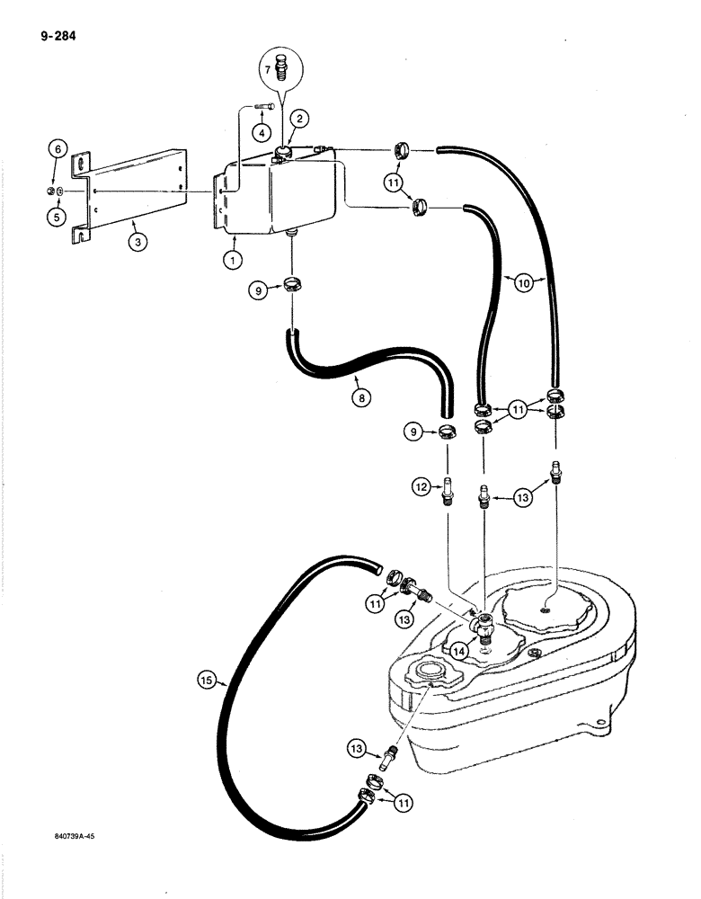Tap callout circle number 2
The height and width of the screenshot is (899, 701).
coord(299,117)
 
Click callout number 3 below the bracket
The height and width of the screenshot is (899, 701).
coord(135,243)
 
